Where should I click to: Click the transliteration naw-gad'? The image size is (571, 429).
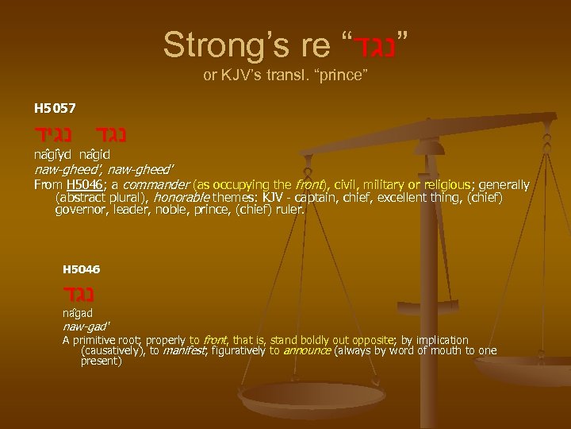click(85, 327)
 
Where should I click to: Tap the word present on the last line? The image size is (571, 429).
click(101, 361)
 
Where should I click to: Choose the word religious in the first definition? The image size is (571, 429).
click(431, 185)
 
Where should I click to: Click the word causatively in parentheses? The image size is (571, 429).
click(115, 350)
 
